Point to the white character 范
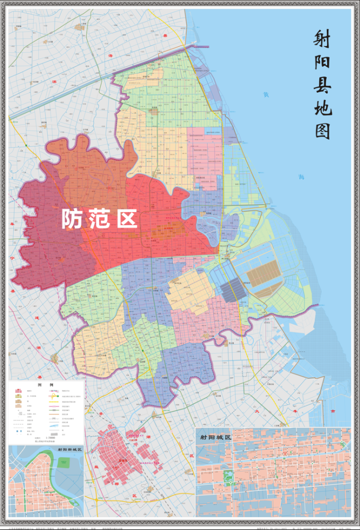coord(99,218)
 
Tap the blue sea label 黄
coord(266,94)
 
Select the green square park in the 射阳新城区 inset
coord(64,463)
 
